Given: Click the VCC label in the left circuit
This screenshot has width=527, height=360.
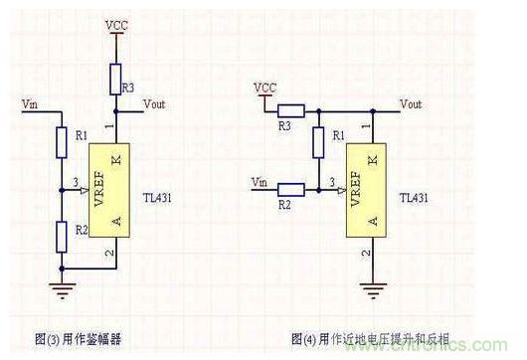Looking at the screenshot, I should (117, 20).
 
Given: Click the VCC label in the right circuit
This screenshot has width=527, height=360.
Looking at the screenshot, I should (264, 88).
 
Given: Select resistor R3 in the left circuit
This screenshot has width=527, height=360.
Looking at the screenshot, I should (117, 76).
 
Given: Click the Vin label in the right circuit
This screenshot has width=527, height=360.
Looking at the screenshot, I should (262, 182).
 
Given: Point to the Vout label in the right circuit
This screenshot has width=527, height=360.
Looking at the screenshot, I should (410, 103).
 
